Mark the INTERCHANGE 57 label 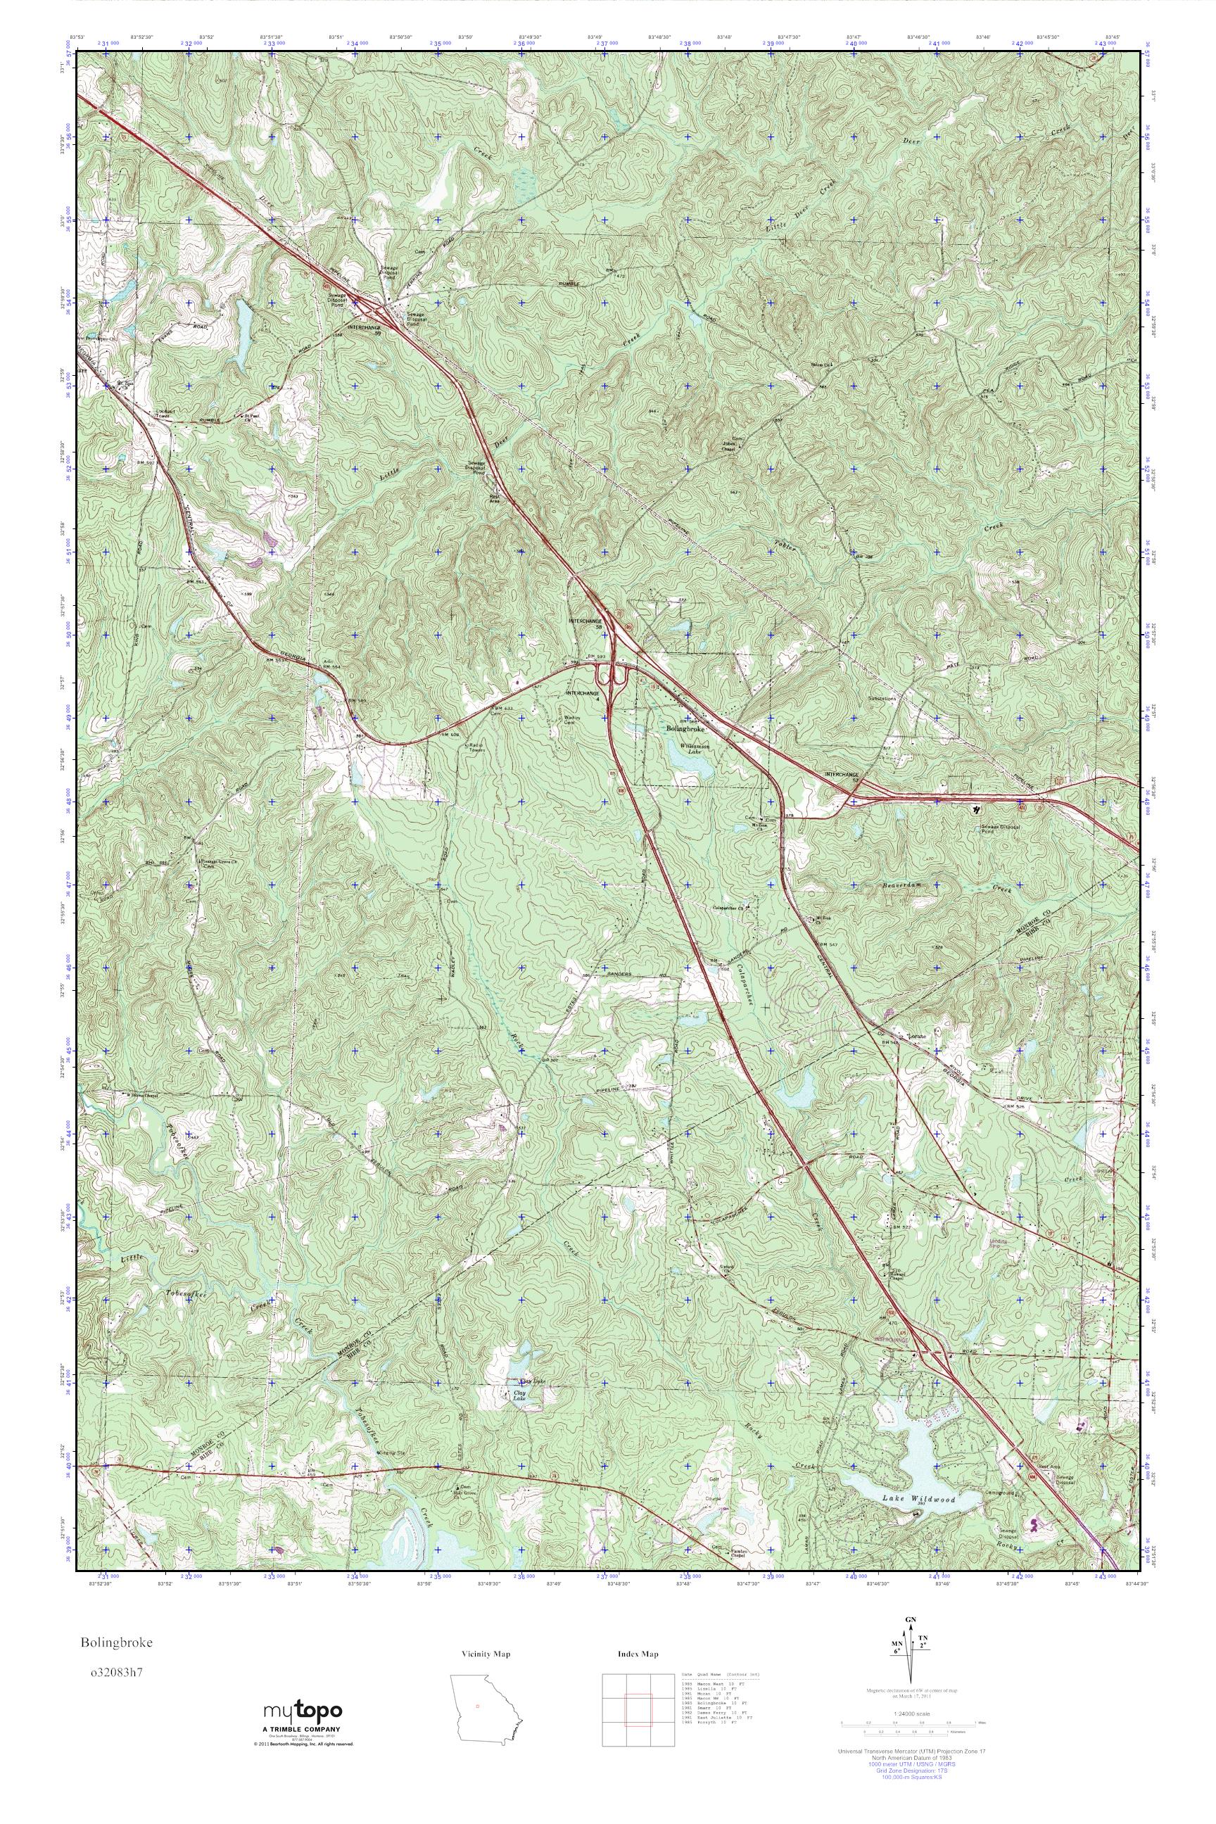point(842,775)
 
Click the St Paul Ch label point(251,417)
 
